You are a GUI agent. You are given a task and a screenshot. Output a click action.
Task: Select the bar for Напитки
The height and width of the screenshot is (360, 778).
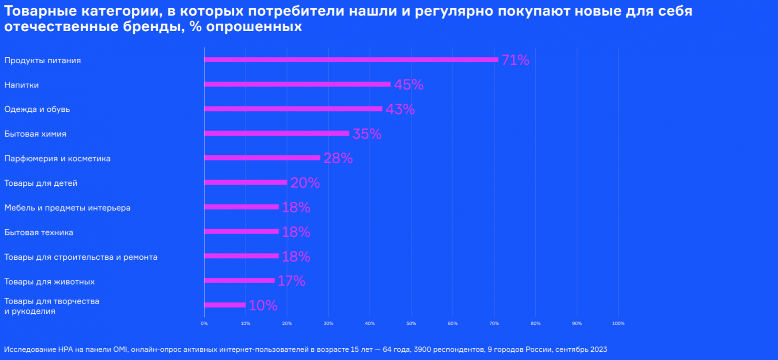[297, 84]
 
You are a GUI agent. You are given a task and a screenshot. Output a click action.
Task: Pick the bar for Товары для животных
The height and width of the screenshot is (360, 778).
[239, 280]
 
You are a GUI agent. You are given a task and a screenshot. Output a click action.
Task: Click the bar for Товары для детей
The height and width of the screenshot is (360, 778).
[246, 182]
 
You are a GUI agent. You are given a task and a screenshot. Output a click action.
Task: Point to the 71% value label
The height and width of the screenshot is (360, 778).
[515, 60]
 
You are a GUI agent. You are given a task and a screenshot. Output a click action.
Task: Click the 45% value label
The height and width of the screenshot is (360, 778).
[408, 85]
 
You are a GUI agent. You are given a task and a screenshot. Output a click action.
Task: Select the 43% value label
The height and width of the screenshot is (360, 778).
[400, 109]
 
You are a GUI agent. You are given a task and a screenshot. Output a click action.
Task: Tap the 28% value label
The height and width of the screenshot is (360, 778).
[338, 158]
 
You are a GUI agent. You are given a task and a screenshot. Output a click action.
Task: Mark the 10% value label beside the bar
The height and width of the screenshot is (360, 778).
[263, 306]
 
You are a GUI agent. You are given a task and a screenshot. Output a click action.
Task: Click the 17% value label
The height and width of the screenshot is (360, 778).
[291, 281]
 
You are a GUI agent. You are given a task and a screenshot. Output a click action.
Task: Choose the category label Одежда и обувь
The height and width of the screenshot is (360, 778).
[37, 109]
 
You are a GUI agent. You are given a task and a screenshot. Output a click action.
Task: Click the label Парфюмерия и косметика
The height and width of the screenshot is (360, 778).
[57, 159]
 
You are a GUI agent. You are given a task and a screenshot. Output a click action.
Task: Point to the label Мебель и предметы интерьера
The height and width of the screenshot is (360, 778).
[67, 208]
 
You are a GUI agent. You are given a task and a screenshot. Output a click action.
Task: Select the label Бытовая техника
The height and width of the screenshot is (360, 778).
[39, 233]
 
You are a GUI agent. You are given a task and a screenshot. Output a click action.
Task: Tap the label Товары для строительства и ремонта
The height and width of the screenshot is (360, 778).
[81, 257]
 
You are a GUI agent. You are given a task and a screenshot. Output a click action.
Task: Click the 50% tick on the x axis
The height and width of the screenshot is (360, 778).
[411, 324]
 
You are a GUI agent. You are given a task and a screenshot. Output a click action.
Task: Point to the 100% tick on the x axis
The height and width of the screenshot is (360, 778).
[618, 324]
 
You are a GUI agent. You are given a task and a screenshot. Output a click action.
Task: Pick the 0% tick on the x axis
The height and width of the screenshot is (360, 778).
[204, 324]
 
